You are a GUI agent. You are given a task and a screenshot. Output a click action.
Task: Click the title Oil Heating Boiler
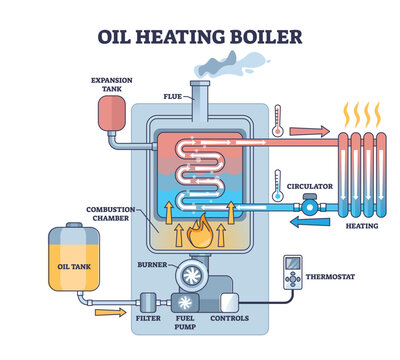pyautogui.click(x=200, y=37)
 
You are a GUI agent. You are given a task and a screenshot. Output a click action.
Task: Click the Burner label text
pyautogui.click(x=151, y=264)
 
